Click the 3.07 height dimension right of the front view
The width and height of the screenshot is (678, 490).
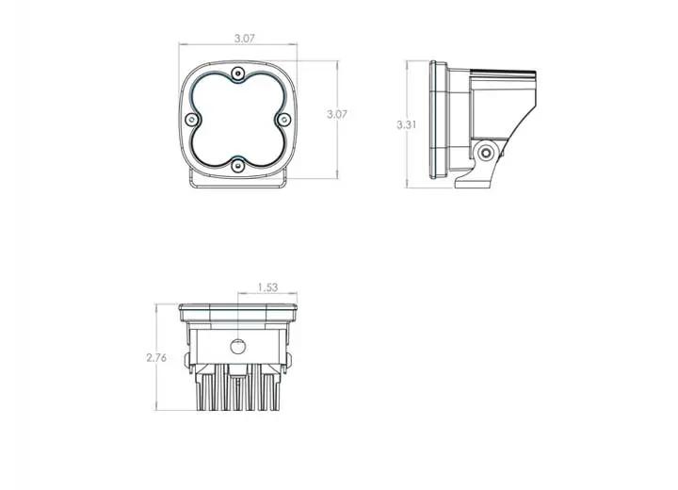(x=336, y=114)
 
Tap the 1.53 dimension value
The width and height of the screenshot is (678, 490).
(x=266, y=287)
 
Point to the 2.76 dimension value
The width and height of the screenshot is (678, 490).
(x=156, y=358)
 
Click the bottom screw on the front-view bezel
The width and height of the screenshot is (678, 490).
(x=237, y=165)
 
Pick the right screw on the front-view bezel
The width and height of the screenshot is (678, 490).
(x=282, y=120)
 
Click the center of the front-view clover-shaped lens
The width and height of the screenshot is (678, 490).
(x=237, y=120)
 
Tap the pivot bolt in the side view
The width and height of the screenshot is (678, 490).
(x=486, y=153)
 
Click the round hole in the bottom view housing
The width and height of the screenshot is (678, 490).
(x=238, y=345)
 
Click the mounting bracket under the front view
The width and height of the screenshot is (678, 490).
(x=237, y=181)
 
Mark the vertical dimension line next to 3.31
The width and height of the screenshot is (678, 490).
(x=408, y=94)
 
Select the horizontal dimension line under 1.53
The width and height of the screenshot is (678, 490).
(x=266, y=297)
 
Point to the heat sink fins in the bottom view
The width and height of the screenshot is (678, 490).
(x=237, y=391)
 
